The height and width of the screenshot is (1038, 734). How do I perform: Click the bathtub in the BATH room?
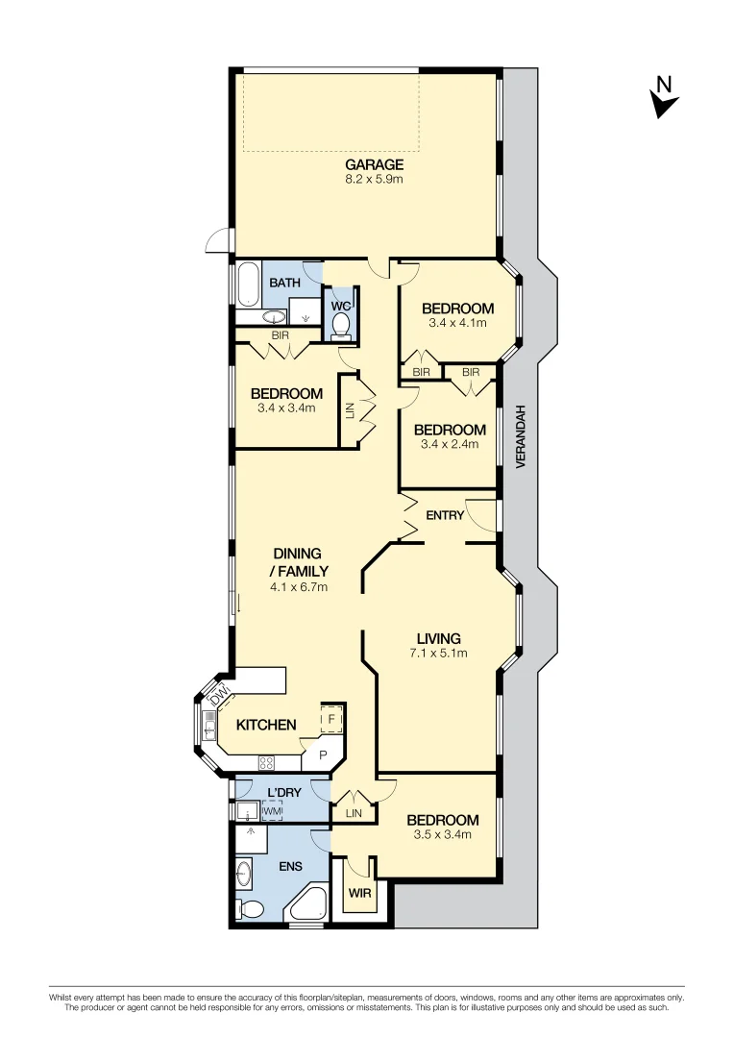coord(247,283)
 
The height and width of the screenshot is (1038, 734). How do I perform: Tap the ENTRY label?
coord(445,515)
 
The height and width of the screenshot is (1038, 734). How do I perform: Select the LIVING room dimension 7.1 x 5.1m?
coord(438,654)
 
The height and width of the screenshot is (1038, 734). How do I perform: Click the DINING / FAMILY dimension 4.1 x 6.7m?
coord(300,586)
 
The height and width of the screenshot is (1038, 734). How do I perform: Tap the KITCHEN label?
coord(266,725)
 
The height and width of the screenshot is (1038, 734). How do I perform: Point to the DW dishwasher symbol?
coord(220,692)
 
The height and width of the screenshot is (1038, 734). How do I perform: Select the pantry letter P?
coord(322,756)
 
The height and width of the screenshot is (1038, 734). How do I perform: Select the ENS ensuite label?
coord(290,866)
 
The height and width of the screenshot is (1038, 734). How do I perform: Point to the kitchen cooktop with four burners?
coord(266,763)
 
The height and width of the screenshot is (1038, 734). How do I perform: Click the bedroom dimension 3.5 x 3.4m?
coord(441,834)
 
